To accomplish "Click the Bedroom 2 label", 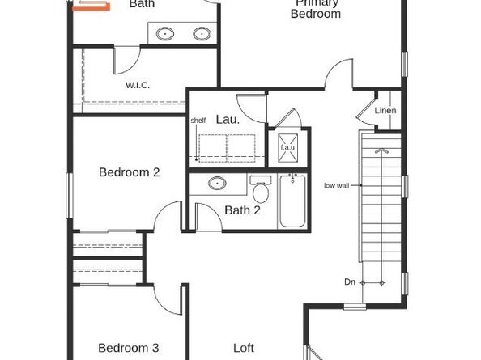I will pyautogui.click(x=129, y=172).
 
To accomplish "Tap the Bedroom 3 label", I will pyautogui.click(x=128, y=348).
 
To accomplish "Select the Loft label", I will pyautogui.click(x=244, y=348).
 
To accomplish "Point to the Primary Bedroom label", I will pyautogui.click(x=316, y=9).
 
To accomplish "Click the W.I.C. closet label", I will pyautogui.click(x=138, y=85).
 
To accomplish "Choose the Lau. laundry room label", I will pyautogui.click(x=227, y=120).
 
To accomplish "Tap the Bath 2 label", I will pyautogui.click(x=242, y=210).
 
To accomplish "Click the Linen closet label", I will pyautogui.click(x=385, y=111).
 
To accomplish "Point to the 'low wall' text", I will pyautogui.click(x=336, y=184).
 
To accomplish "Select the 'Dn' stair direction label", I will pyautogui.click(x=350, y=282).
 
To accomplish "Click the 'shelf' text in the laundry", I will pyautogui.click(x=198, y=121).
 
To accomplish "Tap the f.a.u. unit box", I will pyautogui.click(x=288, y=147).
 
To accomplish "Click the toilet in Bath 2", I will pyautogui.click(x=260, y=192).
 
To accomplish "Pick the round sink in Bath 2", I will pyautogui.click(x=217, y=184).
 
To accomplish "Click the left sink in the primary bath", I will pyautogui.click(x=166, y=35).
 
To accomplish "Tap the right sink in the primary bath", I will pyautogui.click(x=202, y=35).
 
